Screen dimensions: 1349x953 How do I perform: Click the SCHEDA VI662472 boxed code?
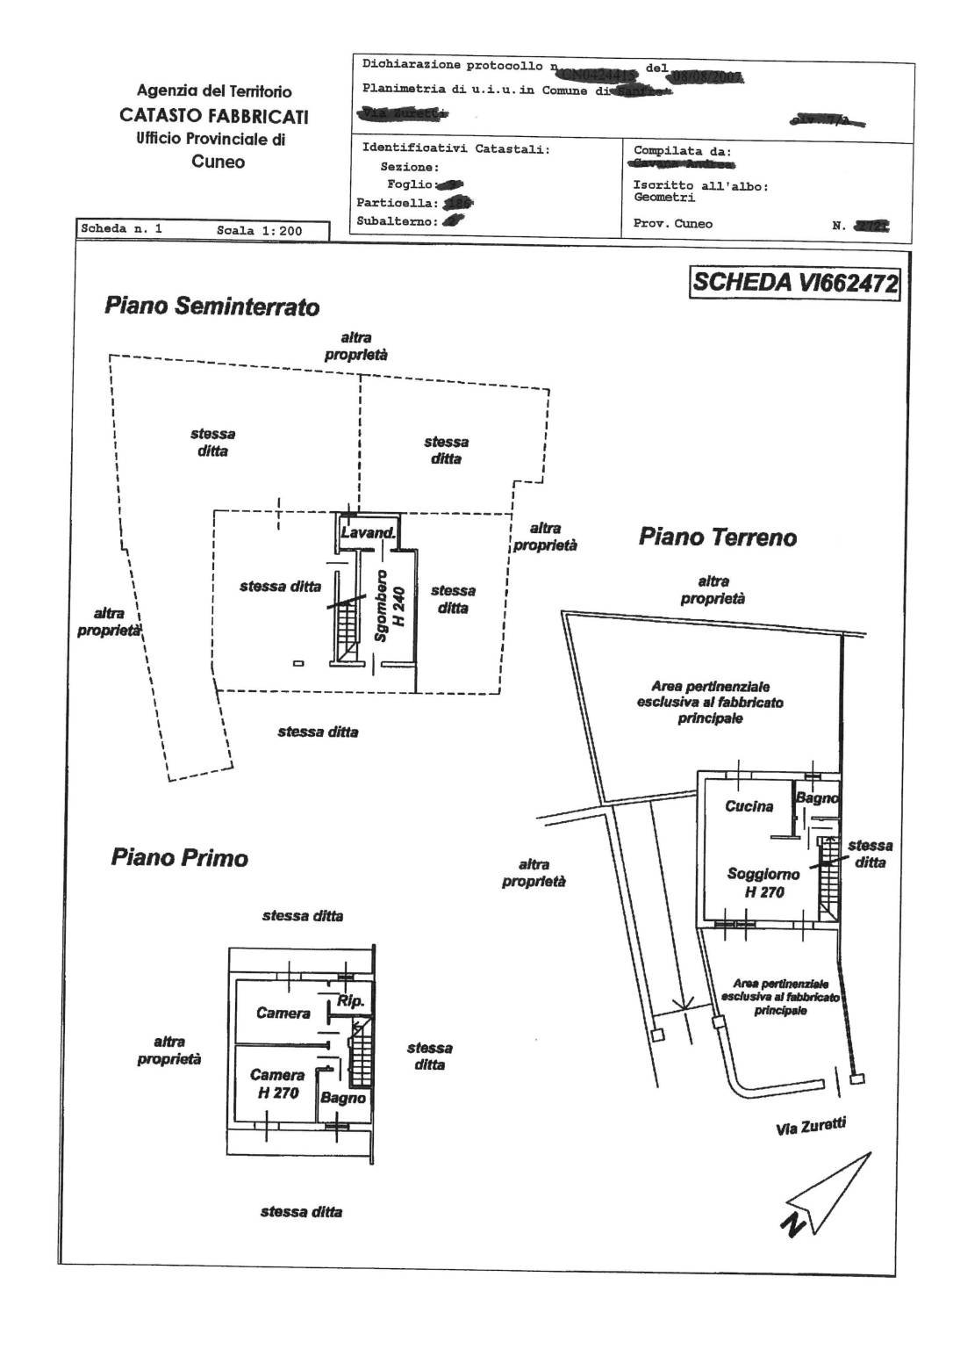coord(795,283)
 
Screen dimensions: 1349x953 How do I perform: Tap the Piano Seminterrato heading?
coord(211,307)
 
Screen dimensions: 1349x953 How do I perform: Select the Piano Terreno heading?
coord(717,537)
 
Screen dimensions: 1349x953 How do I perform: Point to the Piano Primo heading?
coord(179,857)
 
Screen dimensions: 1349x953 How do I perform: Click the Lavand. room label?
coord(368,533)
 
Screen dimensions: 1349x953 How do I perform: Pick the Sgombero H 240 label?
coord(389,606)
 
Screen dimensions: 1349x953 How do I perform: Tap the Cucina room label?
coord(749,806)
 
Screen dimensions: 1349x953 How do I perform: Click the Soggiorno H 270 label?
coord(763,883)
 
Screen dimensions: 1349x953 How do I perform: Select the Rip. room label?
coord(350,1001)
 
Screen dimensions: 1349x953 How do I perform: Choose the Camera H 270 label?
coord(277,1084)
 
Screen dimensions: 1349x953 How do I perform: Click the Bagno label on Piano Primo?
coord(342,1098)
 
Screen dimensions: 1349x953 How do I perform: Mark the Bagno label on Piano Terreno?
coord(816,798)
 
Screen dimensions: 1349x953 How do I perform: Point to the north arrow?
coord(826,1194)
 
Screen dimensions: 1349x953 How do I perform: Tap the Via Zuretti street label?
coord(811,1127)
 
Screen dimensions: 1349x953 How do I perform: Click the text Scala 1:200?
coord(259,231)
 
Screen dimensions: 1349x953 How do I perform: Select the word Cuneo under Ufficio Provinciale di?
coord(218,162)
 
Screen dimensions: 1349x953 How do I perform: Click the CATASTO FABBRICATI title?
coord(213,115)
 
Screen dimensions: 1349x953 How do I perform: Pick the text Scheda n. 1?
coord(121,229)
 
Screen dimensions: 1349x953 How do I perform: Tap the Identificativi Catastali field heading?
coord(455,148)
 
